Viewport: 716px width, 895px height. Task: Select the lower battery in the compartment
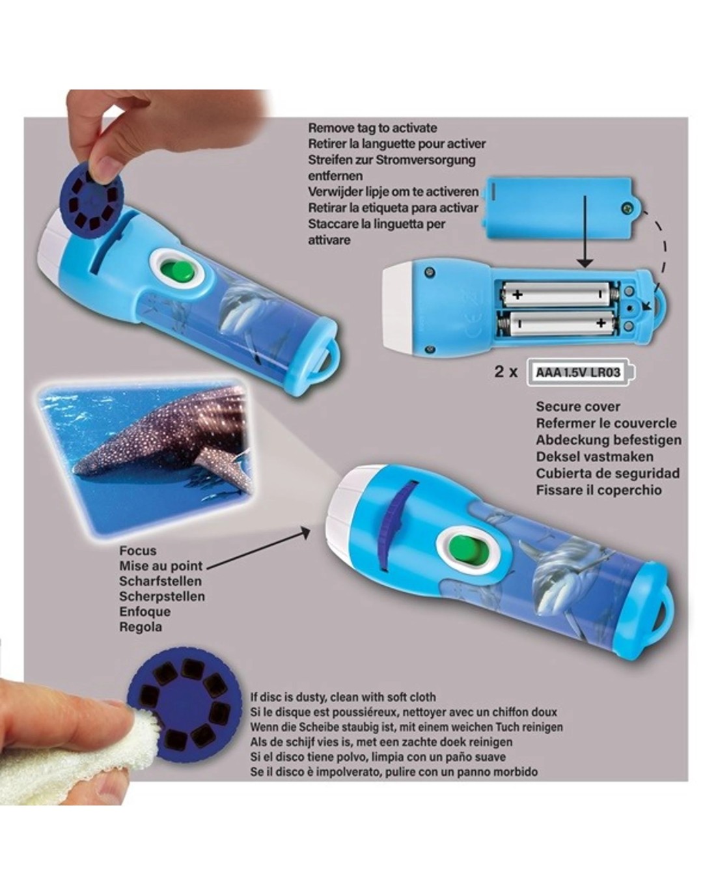coord(558,323)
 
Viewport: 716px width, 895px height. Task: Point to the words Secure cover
coord(577,406)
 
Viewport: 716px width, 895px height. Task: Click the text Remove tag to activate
coord(372,128)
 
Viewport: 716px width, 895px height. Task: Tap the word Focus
coord(138,551)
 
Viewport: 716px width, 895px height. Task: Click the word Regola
coord(140,627)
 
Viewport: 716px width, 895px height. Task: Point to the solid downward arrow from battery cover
coord(585,232)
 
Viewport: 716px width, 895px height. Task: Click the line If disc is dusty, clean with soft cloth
coord(343,697)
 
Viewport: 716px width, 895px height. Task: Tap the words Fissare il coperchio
coord(598,490)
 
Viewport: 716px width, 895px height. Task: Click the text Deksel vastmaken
coord(594,457)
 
